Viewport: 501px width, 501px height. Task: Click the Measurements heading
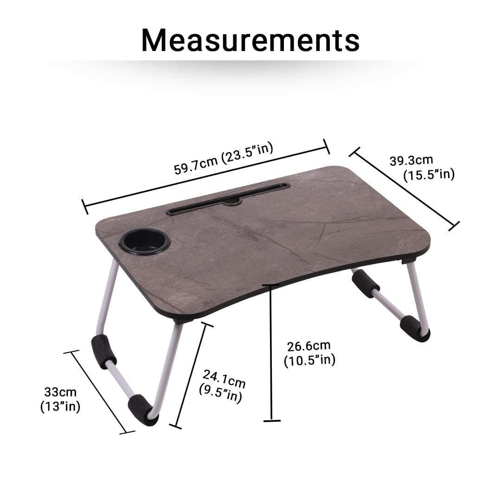(250, 40)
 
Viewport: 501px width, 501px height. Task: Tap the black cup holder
(144, 241)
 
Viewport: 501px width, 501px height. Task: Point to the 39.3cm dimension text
(411, 161)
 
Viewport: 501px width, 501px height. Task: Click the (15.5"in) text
(428, 175)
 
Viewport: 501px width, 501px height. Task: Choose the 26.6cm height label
(308, 346)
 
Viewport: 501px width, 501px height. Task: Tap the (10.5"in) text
(309, 360)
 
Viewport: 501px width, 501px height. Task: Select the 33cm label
(60, 392)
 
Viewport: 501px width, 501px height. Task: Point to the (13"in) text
(60, 407)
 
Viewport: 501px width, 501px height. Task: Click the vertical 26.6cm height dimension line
(271, 353)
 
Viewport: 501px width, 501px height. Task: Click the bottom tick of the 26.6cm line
(272, 421)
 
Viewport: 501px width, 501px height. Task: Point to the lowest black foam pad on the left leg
(143, 410)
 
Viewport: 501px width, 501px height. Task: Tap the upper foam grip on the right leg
(366, 283)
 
